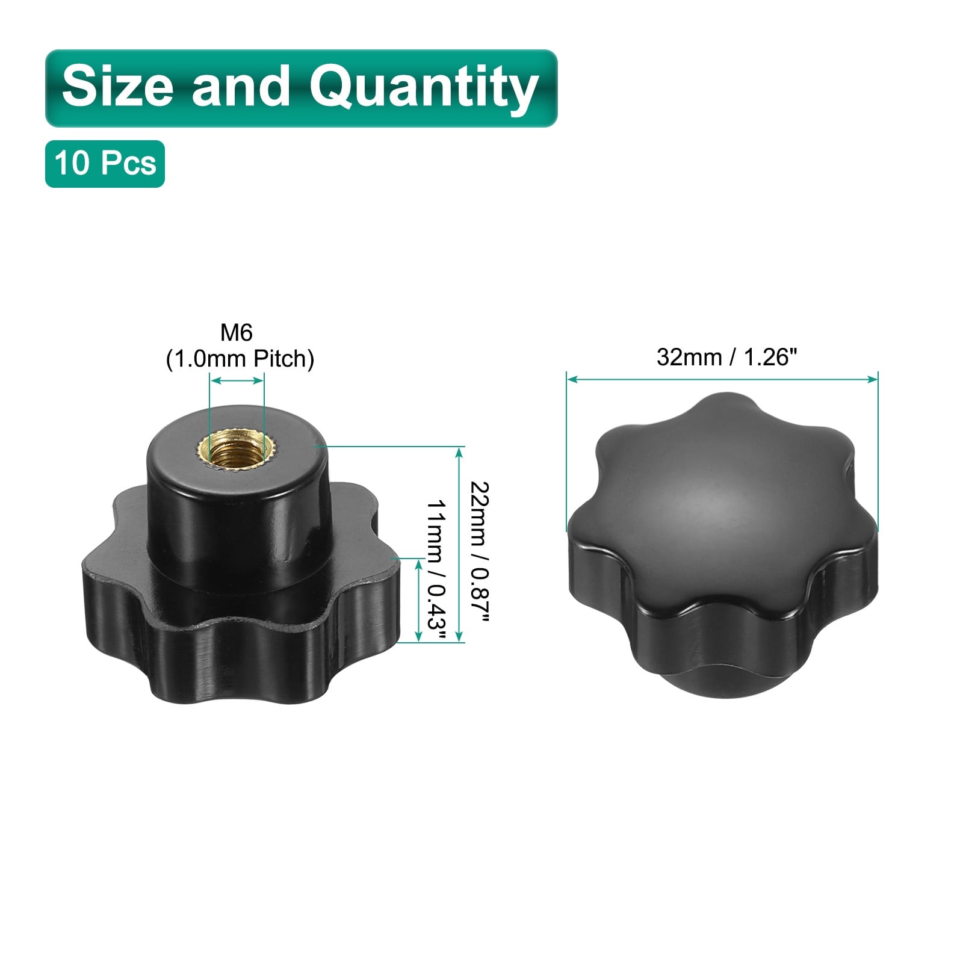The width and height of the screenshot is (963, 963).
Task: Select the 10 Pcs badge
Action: point(105,163)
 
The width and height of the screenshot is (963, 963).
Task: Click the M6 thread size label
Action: point(237,333)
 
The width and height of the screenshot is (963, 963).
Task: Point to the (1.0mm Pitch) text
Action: point(240,359)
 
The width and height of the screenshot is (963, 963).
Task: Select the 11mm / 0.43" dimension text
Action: point(436,564)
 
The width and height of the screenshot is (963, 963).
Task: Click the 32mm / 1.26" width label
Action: point(726,358)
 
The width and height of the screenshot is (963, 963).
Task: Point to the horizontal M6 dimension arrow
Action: point(237,380)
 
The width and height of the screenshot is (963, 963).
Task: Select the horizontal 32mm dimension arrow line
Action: point(722,379)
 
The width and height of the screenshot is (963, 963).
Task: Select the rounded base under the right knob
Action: point(722,677)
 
